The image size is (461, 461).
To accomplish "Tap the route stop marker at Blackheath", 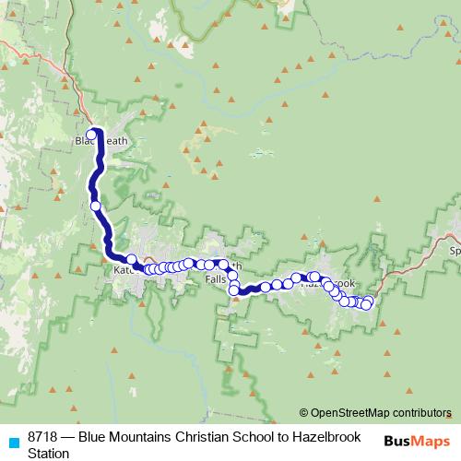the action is click(91, 135).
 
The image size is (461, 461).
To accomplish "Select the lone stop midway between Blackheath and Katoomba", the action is click(96, 206).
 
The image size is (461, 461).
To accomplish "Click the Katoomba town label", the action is click(123, 270).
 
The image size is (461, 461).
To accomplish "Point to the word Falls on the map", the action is click(216, 278).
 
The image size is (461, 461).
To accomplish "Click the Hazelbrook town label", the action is click(327, 282).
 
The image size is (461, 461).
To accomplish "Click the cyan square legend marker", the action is click(14, 442).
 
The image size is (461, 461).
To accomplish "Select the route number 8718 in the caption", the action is click(45, 436).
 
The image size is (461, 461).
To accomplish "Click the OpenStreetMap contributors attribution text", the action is click(381, 413).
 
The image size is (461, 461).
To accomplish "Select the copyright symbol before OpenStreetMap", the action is click(304, 413).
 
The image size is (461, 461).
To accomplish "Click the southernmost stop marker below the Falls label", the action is click(235, 292).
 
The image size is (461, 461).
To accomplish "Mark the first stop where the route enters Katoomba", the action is click(132, 259).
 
